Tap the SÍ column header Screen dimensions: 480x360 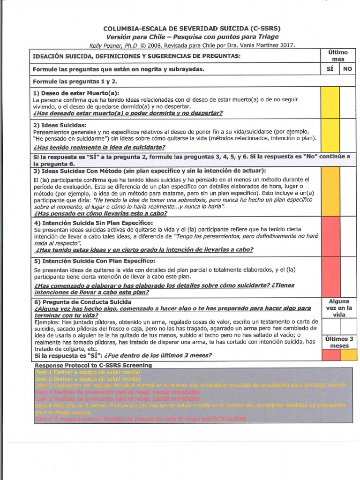[330, 69]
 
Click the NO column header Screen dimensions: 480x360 [347, 69]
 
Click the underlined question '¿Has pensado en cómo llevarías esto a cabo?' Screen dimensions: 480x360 [100, 213]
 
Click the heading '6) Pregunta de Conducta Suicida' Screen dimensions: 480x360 [82, 302]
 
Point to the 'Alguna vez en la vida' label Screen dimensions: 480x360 [338, 308]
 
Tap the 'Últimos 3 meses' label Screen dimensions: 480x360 [338, 342]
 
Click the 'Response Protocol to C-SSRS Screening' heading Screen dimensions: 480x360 [93, 365]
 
